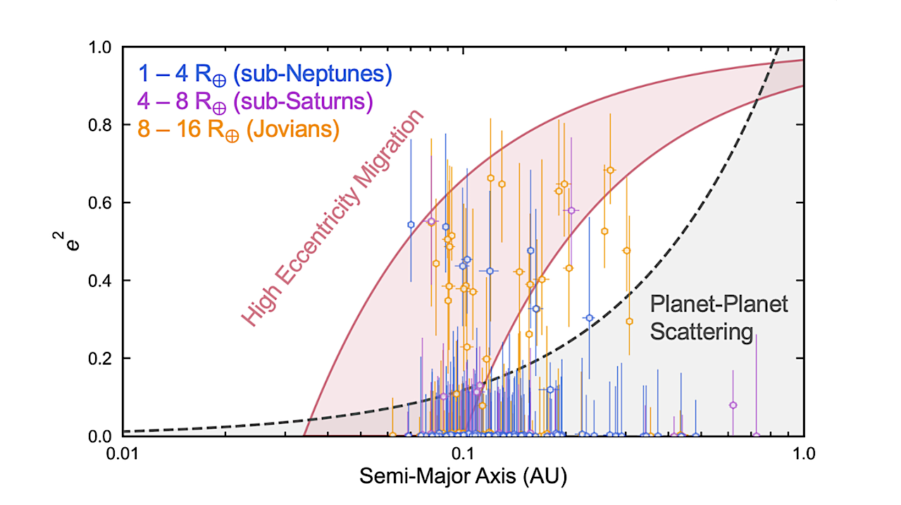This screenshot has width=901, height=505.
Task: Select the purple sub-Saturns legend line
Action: pyautogui.click(x=255, y=102)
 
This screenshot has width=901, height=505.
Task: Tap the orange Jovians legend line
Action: pyautogui.click(x=238, y=130)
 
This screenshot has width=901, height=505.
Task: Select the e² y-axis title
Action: pyautogui.click(x=66, y=242)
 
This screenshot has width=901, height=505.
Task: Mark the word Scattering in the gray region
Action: pyautogui.click(x=701, y=331)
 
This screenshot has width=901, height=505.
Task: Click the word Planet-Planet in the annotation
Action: pyautogui.click(x=719, y=305)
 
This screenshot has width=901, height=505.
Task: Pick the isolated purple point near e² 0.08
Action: pyautogui.click(x=733, y=405)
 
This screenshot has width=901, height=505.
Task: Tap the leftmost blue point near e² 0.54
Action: pyautogui.click(x=411, y=224)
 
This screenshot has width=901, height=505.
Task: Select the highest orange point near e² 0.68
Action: pyautogui.click(x=610, y=170)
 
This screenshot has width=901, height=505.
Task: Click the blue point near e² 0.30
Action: pyautogui.click(x=590, y=318)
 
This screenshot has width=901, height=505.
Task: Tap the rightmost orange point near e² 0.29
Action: pyautogui.click(x=630, y=321)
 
